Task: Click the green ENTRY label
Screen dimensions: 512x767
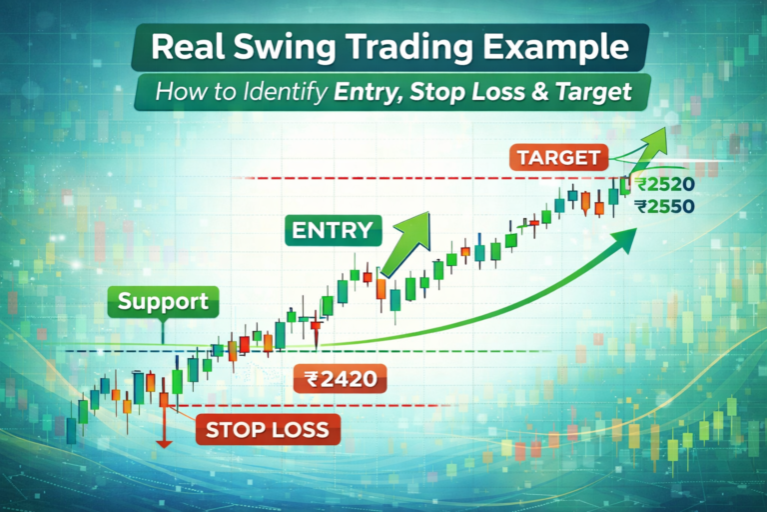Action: coord(332,230)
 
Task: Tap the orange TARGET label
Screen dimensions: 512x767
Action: coord(560,157)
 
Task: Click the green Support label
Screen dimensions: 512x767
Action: coord(162,301)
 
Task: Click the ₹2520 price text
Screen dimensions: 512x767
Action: coord(663,185)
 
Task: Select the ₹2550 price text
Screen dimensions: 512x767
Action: coord(663,206)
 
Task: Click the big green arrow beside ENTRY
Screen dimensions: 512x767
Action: coord(409,240)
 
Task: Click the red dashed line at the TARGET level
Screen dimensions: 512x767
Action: coord(399,178)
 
